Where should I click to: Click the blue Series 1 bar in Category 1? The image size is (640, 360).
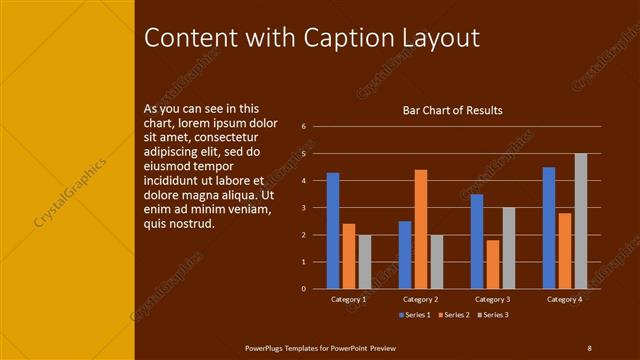point(333,230)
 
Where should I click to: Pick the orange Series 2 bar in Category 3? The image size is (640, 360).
point(493,264)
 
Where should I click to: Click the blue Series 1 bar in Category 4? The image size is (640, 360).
point(549,227)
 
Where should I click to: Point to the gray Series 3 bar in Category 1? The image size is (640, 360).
point(364,261)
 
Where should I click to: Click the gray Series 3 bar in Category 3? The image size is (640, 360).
point(508,247)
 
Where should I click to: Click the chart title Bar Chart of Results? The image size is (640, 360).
point(452,110)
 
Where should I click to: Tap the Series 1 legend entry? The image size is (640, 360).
point(416,315)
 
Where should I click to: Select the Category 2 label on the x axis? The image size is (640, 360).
point(421,299)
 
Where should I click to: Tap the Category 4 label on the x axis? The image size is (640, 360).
point(565,299)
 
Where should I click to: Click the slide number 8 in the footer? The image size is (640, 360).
point(589,347)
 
